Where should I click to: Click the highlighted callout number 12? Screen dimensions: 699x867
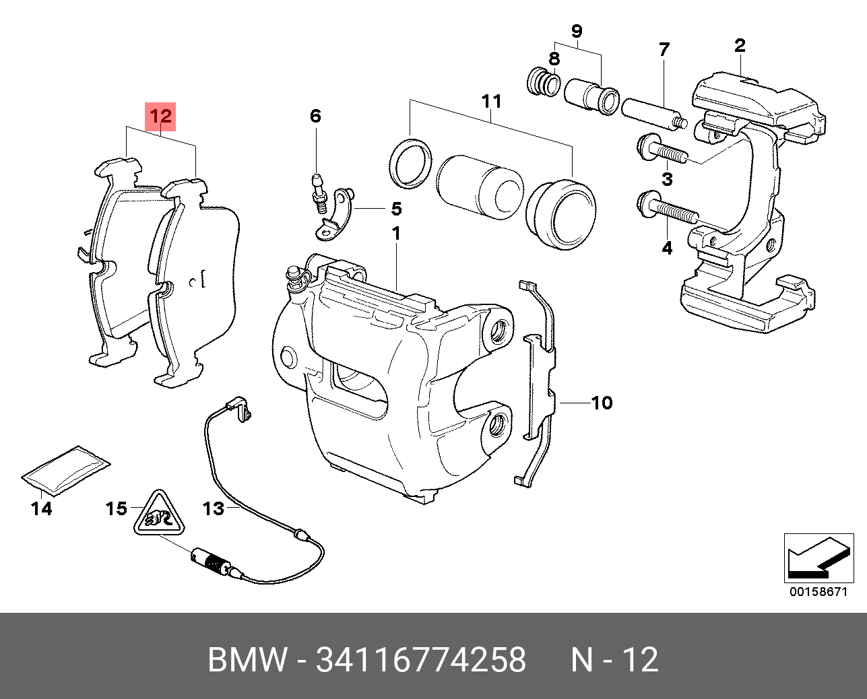click(161, 116)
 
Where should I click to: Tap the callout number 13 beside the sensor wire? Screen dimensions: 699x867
click(213, 508)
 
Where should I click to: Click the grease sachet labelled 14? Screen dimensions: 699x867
click(65, 469)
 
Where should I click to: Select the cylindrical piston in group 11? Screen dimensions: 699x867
click(479, 187)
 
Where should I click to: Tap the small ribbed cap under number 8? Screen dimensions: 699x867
click(544, 81)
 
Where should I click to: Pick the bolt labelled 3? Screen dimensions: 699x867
click(660, 149)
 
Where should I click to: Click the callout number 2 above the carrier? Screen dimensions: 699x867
click(740, 46)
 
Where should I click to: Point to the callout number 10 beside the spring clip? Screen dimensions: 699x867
click(602, 403)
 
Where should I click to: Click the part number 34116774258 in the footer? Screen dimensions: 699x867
click(420, 660)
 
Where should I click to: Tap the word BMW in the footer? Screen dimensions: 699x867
click(247, 660)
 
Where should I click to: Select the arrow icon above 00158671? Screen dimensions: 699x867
click(818, 558)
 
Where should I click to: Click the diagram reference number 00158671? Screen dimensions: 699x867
click(818, 592)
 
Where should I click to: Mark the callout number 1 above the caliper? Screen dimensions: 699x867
click(396, 234)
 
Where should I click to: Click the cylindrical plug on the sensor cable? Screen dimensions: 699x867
click(209, 560)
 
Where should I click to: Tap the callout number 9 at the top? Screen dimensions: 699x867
click(577, 31)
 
